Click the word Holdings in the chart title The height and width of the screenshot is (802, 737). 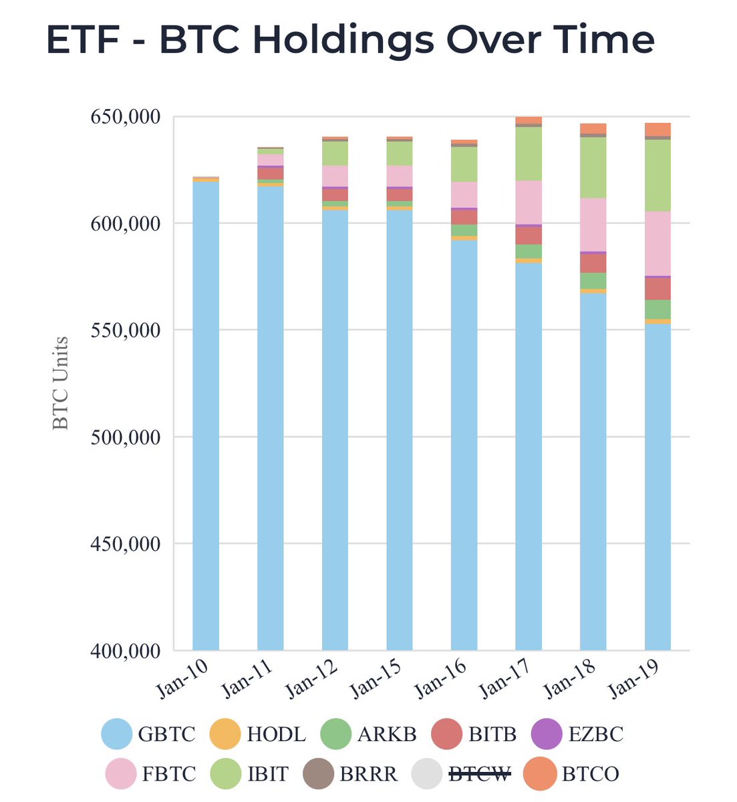343,39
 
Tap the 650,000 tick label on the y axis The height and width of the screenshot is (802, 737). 125,117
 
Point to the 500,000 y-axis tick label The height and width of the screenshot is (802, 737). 125,437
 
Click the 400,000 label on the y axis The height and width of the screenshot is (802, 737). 125,650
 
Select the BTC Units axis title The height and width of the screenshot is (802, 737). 61,382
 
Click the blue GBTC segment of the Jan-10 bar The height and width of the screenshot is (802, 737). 205,414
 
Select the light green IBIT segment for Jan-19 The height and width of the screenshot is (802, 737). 657,175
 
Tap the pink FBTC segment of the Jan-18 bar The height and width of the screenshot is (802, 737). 593,225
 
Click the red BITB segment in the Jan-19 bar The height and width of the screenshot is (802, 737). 657,289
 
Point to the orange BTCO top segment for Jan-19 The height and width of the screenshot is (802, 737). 657,129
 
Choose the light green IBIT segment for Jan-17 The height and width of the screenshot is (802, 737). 529,154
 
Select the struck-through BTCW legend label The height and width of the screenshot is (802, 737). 479,774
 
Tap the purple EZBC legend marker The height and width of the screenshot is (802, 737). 546,734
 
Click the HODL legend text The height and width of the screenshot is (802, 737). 276,734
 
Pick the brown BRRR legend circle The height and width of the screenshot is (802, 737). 319,774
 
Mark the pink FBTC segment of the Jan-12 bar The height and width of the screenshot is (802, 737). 335,176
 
